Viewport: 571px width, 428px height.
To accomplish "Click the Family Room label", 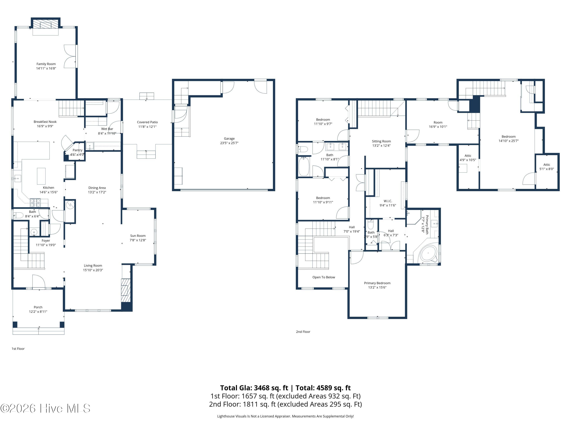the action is tap(46, 64).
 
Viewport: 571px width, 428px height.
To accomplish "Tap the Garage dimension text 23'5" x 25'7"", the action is tap(229, 143).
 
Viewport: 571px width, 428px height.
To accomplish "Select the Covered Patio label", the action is tap(147, 122).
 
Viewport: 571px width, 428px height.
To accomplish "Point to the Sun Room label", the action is tap(138, 236).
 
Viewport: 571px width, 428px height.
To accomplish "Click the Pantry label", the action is tap(77, 150).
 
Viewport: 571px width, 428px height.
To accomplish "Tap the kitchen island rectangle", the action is tap(41, 176).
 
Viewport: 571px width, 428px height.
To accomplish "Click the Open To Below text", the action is tap(324, 277).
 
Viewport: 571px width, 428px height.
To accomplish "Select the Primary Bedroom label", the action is tap(377, 283).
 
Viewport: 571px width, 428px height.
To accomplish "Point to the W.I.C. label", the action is tap(388, 201).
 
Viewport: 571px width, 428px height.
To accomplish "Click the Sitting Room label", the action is tap(381, 141).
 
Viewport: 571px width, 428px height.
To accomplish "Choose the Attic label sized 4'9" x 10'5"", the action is tap(468, 156).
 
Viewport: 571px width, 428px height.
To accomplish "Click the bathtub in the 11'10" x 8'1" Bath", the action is tap(304, 166).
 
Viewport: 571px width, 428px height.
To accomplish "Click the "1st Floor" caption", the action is tap(18, 349).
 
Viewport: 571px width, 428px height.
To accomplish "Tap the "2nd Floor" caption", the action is tap(303, 332).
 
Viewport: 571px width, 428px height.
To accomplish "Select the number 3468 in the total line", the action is tap(263, 388).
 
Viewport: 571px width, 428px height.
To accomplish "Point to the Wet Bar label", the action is tap(107, 129).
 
